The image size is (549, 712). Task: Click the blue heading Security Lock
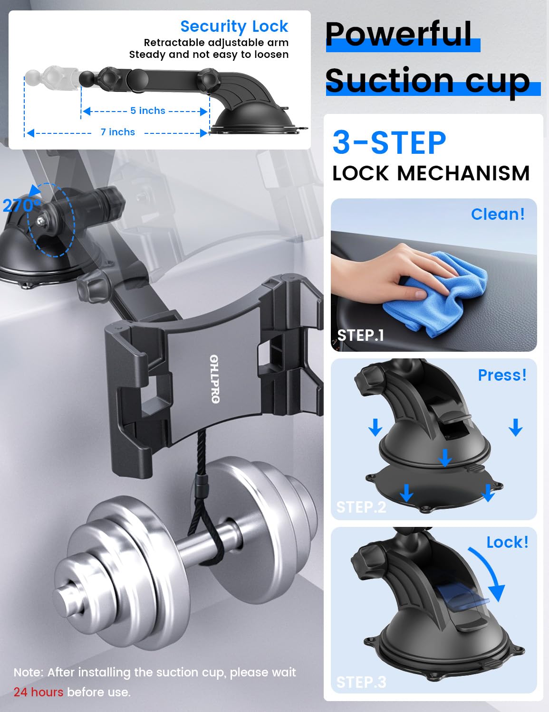(234, 26)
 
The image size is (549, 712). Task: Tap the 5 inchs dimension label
(147, 111)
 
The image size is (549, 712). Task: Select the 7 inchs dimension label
(118, 132)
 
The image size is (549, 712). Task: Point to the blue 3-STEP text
(389, 142)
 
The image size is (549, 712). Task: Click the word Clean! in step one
(498, 214)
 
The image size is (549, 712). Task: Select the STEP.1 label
(360, 335)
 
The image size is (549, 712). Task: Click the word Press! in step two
(502, 375)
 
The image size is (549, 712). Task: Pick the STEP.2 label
(361, 507)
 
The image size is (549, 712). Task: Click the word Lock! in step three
(507, 542)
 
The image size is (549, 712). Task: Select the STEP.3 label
(361, 683)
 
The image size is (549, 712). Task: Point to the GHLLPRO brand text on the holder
(214, 379)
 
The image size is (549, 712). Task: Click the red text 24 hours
(39, 692)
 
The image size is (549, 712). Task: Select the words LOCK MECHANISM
(431, 173)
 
